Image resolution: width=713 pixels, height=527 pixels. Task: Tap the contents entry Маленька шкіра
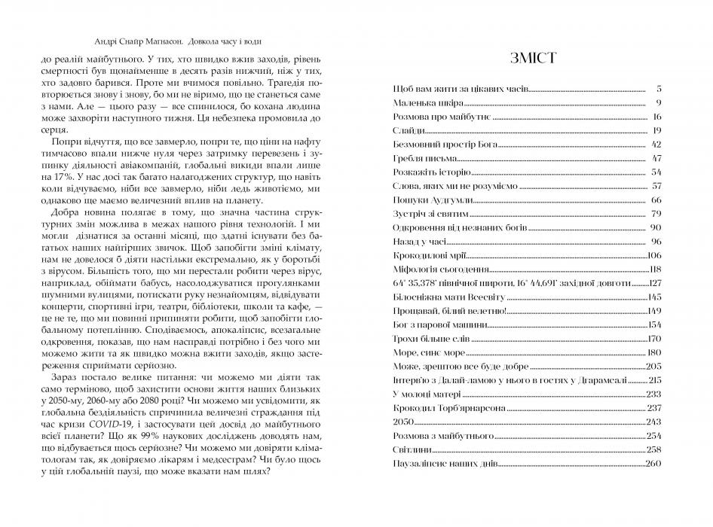point(423,102)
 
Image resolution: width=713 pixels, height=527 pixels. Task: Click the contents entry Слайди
point(408,130)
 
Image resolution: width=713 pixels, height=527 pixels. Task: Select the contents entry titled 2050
point(405,422)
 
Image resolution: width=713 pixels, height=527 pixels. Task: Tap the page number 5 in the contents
point(658,89)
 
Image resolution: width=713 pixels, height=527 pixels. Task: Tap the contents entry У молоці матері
point(427,394)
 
